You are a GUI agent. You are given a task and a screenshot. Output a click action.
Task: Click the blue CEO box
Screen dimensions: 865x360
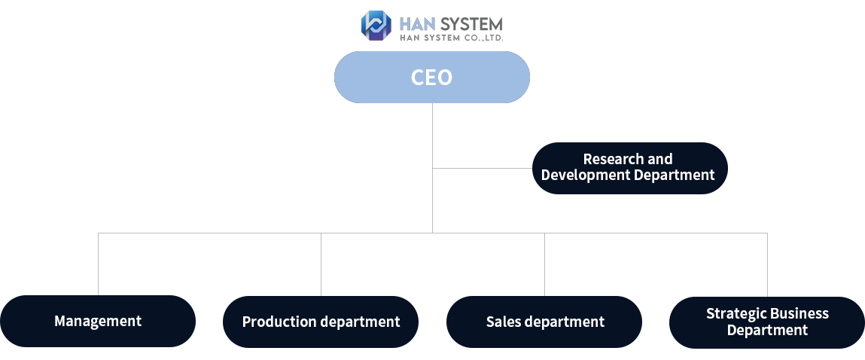pos(432,78)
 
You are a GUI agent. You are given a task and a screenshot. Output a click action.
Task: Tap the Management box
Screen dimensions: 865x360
pos(98,322)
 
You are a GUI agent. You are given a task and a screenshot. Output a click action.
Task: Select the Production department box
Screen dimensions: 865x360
pos(321,322)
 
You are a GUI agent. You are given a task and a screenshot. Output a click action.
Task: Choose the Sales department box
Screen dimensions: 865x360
pos(544,322)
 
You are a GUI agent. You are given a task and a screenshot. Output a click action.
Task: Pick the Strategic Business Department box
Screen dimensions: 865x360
pos(767,322)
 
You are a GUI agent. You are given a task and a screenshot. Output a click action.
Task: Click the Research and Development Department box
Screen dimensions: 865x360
pos(630,169)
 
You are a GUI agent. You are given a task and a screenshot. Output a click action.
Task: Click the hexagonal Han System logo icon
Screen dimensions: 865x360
pos(376,26)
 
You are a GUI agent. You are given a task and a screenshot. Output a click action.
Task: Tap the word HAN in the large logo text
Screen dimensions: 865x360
pos(418,24)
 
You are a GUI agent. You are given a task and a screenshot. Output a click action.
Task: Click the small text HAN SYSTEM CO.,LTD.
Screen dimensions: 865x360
pos(451,38)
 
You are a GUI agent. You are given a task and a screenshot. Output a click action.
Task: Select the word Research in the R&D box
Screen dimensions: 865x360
pos(606,159)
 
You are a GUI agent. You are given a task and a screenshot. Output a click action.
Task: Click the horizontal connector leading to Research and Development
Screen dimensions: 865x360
pos(482,169)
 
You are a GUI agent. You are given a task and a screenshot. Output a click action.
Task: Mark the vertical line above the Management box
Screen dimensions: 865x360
pos(98,264)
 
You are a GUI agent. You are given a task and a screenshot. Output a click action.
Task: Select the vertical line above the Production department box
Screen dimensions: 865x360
pos(321,264)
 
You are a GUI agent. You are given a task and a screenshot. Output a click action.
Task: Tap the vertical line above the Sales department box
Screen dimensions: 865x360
pos(544,264)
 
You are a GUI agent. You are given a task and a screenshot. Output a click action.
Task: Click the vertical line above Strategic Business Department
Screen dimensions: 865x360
pos(767,264)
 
